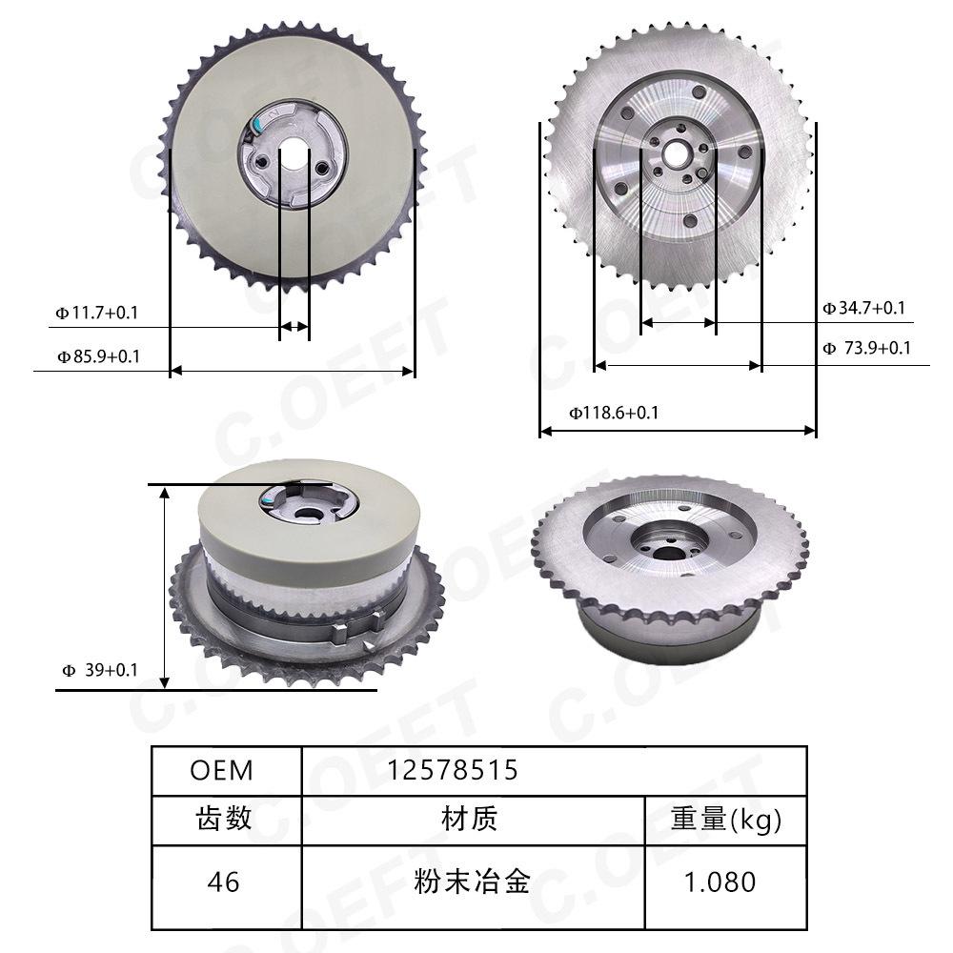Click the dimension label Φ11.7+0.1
97,313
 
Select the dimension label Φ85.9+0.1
98,356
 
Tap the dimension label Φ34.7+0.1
863,308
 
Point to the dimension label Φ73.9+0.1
866,348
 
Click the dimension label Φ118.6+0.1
614,414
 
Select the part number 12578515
452,770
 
